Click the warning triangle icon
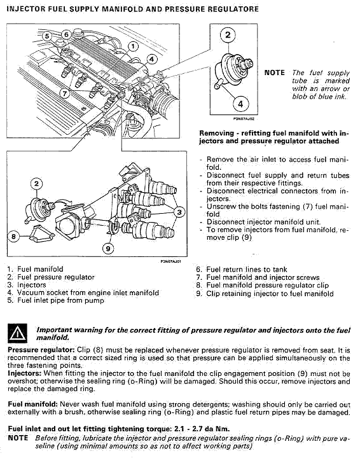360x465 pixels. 18,333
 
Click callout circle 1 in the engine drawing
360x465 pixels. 133,46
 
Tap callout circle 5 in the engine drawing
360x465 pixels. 47,36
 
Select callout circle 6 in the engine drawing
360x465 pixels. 66,35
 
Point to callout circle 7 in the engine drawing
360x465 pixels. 65,94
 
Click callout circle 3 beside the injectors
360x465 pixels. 179,212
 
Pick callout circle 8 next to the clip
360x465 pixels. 13,237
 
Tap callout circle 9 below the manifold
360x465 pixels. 108,249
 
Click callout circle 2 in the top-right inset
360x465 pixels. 228,35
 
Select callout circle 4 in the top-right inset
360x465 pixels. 240,104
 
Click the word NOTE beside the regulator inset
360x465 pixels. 275,73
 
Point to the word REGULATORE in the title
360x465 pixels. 233,9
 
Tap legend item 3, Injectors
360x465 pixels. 27,285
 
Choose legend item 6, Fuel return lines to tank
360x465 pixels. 242,270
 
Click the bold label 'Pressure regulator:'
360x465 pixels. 41,350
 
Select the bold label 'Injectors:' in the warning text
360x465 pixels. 25,373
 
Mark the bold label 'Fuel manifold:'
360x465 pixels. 32,404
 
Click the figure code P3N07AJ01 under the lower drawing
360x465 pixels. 170,261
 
